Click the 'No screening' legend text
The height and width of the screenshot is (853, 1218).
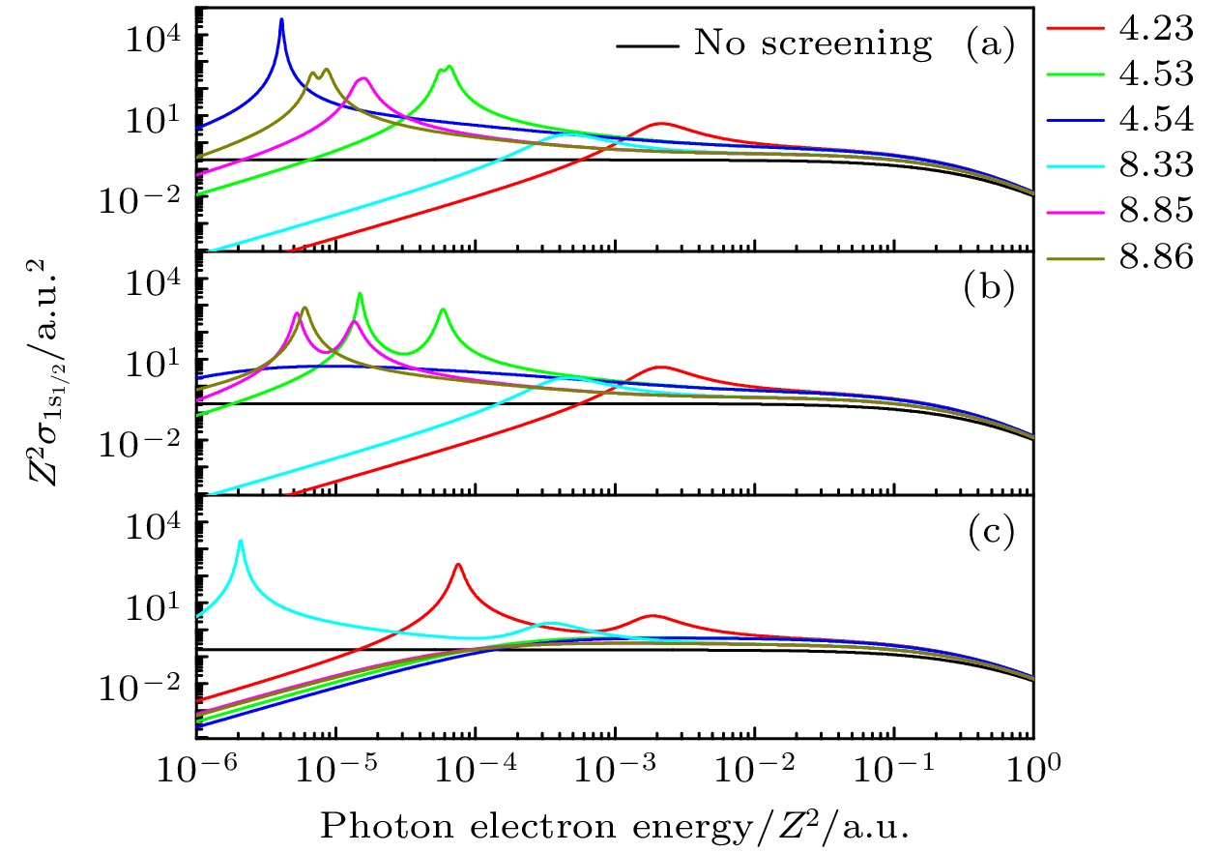point(813,44)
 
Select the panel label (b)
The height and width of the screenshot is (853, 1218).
point(991,290)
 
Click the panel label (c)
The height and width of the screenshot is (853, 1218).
point(991,533)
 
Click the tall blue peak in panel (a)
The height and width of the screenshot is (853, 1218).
point(281,20)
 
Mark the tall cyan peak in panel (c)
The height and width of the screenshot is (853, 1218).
point(240,542)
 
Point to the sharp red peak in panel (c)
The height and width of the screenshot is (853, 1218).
point(458,565)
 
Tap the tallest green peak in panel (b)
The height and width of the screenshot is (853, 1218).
point(360,294)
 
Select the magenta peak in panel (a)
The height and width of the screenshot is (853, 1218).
point(363,79)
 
